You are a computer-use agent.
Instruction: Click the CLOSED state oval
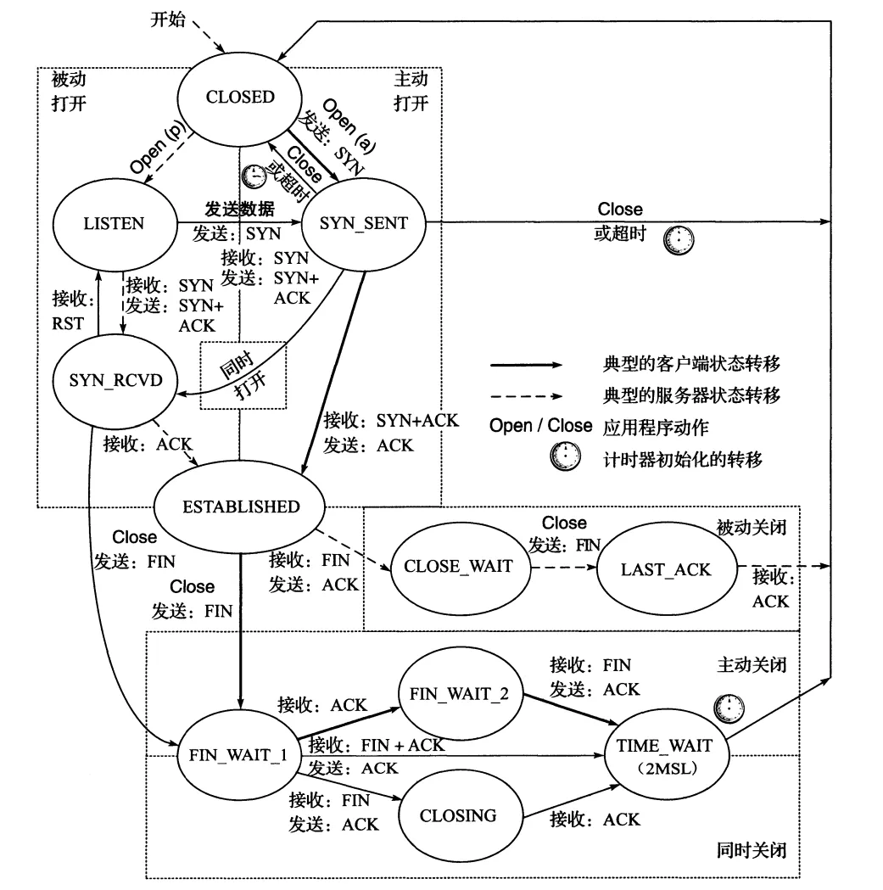click(x=240, y=97)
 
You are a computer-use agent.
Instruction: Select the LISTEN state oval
click(x=115, y=224)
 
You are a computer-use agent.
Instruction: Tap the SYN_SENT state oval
click(x=363, y=224)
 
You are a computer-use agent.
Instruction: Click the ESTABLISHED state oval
click(x=241, y=507)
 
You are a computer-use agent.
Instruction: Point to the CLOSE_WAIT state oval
click(x=458, y=566)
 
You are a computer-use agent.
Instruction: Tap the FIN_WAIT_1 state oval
click(x=238, y=756)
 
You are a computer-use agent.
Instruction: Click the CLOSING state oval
click(x=458, y=816)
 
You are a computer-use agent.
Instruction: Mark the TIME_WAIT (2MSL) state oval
click(x=666, y=755)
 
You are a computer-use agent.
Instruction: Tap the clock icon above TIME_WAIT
click(x=727, y=706)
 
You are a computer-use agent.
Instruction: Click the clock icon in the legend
click(x=565, y=458)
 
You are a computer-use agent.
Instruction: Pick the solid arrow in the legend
click(x=526, y=365)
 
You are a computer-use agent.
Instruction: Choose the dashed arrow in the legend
click(x=526, y=395)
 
